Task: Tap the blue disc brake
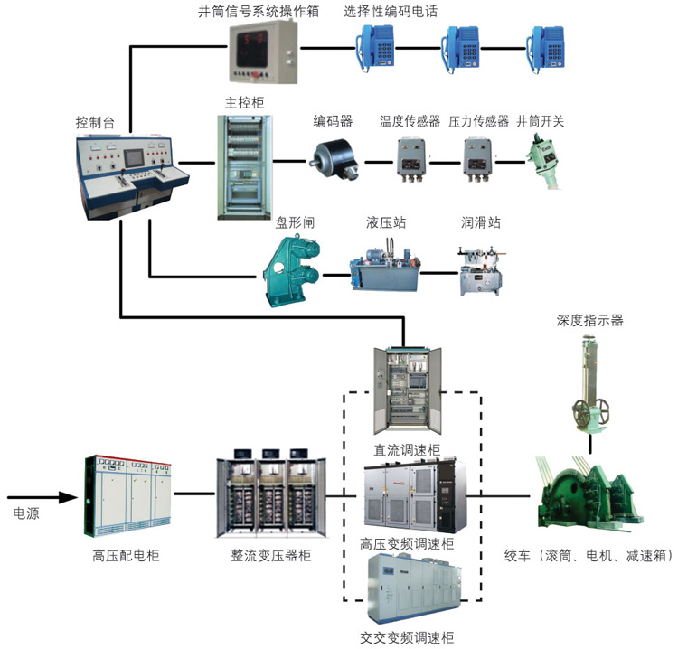(x=291, y=262)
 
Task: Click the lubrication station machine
(x=480, y=268)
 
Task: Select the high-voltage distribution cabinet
(x=126, y=495)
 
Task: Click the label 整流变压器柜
(x=270, y=556)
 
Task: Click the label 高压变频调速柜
(x=407, y=543)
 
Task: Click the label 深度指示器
(x=591, y=320)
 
